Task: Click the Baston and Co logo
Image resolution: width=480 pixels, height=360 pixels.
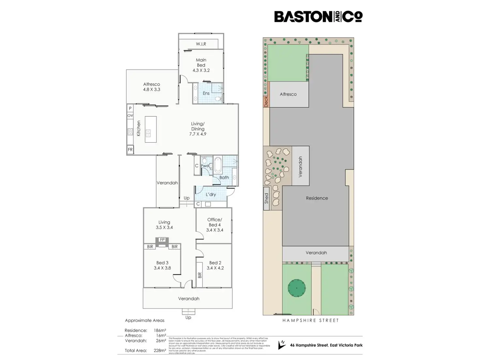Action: pos(318,17)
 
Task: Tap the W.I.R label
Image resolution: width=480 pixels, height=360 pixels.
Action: pos(201,44)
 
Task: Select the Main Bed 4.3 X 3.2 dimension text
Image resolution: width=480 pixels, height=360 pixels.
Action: pos(201,70)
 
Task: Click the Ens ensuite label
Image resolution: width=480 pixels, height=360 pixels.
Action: pos(206,93)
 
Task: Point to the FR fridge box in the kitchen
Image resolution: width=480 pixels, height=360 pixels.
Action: pos(130,150)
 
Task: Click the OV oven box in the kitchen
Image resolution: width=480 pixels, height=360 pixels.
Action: pos(130,116)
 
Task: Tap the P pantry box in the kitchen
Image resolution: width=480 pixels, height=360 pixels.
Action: pos(130,108)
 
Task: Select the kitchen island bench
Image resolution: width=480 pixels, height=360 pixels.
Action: pos(151,129)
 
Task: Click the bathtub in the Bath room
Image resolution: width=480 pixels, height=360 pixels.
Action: pos(217,165)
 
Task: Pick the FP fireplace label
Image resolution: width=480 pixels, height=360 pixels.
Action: pos(162,240)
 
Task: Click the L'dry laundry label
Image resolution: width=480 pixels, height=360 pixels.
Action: pos(211,195)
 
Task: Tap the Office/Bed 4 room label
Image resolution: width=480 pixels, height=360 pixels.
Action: pos(215,222)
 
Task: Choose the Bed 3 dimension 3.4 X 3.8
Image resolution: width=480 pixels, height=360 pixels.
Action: pos(162,268)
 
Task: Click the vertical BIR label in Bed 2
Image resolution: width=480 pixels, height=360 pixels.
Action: pos(200,275)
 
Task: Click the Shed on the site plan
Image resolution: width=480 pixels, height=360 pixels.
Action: pos(266,198)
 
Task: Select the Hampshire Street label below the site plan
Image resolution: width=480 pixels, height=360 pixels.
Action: pos(310,321)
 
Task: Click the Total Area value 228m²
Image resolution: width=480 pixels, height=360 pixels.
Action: pos(160,351)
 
